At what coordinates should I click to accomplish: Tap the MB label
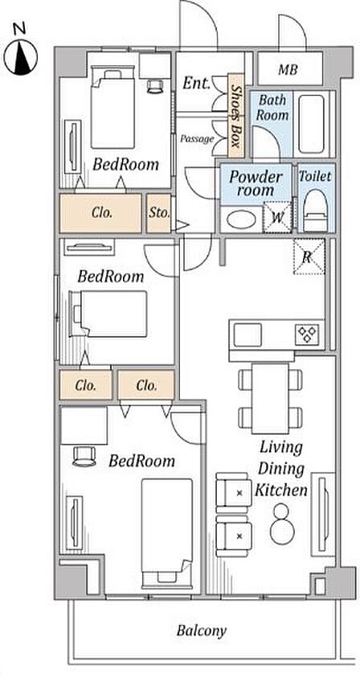point(288,69)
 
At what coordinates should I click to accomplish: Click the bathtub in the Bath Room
point(311,124)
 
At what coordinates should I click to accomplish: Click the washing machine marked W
point(277,217)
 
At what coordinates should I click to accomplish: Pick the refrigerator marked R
point(309,256)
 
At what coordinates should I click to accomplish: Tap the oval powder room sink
point(241,220)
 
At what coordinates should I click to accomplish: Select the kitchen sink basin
point(247,334)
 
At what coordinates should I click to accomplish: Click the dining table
point(270,399)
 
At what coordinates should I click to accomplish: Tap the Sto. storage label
point(159,213)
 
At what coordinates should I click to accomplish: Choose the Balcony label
point(201,631)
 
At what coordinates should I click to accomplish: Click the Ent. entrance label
point(196,83)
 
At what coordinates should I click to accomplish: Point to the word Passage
point(197,139)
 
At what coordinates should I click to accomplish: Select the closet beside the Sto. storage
point(100,213)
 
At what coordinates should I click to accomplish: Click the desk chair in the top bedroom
point(155,85)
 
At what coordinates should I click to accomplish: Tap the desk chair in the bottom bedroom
point(84,456)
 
